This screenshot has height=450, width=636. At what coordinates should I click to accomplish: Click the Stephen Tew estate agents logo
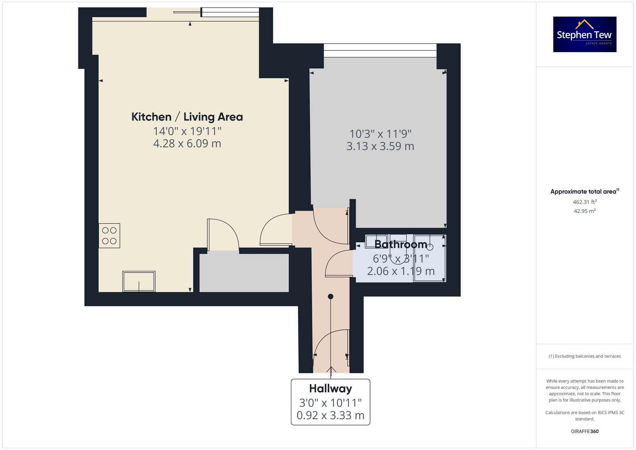pos(584,34)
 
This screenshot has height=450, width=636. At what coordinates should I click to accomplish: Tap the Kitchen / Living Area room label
pos(187,117)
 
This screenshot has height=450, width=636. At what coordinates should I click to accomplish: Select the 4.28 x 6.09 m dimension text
pos(187,143)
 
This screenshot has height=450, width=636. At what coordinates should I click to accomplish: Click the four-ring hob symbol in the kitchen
pos(109,236)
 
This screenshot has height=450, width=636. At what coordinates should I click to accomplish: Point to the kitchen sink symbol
pos(139,281)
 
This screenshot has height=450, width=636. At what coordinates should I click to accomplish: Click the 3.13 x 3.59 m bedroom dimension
pos(380,146)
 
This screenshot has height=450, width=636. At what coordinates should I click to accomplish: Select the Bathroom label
pos(401,244)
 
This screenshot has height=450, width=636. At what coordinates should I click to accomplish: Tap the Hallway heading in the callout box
pos(330,389)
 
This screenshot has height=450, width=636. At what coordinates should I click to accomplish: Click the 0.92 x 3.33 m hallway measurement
pos(330,415)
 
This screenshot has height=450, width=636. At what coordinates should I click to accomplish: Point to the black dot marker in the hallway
pos(330,296)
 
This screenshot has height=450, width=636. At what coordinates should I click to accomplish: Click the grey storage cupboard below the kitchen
pos(244,273)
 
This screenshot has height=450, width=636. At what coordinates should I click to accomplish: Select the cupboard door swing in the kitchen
pos(224,234)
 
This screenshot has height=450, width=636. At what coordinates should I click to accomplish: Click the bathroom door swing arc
pos(337,262)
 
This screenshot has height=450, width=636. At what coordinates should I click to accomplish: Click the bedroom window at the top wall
pos(380,50)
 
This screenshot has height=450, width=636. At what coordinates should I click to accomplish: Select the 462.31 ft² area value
pos(584,202)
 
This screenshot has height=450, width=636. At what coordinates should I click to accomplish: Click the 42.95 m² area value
pos(584,211)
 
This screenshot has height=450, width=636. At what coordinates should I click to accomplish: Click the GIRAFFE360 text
pos(584,431)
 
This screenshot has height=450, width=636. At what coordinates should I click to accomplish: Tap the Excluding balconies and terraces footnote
pos(584,356)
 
